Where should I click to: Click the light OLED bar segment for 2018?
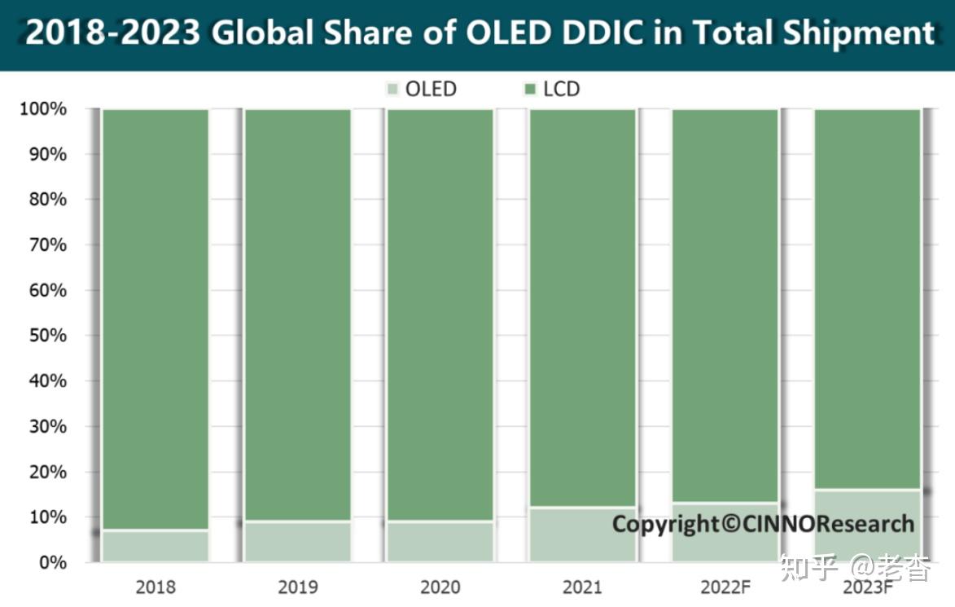155,545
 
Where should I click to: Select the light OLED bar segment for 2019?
297,541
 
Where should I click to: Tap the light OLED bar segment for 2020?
440,541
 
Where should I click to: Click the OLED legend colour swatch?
393,89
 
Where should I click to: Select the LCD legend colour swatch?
527,89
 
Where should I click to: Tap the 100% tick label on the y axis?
42,109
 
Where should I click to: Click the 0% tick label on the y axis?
51,562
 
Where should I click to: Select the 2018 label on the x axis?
155,587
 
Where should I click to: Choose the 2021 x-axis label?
583,587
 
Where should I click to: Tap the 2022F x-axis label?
725,587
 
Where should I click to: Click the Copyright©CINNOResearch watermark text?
763,523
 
